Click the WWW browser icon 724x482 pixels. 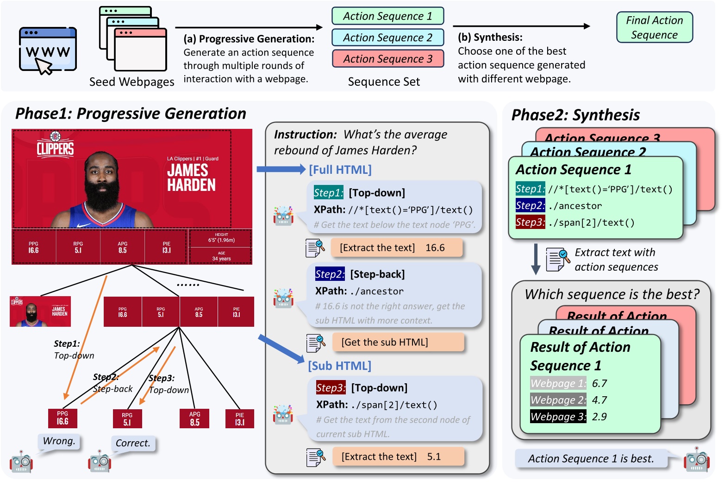click(x=48, y=50)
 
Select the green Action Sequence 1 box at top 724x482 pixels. click(x=387, y=16)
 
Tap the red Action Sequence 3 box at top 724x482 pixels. click(x=387, y=59)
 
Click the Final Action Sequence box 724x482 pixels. click(x=654, y=27)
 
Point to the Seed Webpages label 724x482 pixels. click(x=132, y=82)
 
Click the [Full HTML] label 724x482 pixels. click(x=340, y=170)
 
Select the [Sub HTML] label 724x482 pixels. click(x=340, y=366)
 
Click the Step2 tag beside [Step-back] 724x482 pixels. click(x=330, y=274)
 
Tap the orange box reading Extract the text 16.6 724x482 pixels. click(x=396, y=248)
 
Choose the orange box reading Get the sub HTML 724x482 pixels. click(x=398, y=342)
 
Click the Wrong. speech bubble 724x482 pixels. click(x=59, y=441)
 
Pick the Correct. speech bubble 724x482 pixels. click(x=133, y=444)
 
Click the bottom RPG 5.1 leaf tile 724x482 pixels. click(x=127, y=419)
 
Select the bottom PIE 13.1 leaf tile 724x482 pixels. click(x=239, y=419)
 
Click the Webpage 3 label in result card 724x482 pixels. click(x=558, y=417)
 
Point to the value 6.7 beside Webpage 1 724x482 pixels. click(x=599, y=383)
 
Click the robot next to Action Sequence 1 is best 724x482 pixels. click(x=697, y=460)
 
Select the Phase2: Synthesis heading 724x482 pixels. click(x=575, y=115)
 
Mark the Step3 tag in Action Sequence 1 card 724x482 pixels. click(x=530, y=222)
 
